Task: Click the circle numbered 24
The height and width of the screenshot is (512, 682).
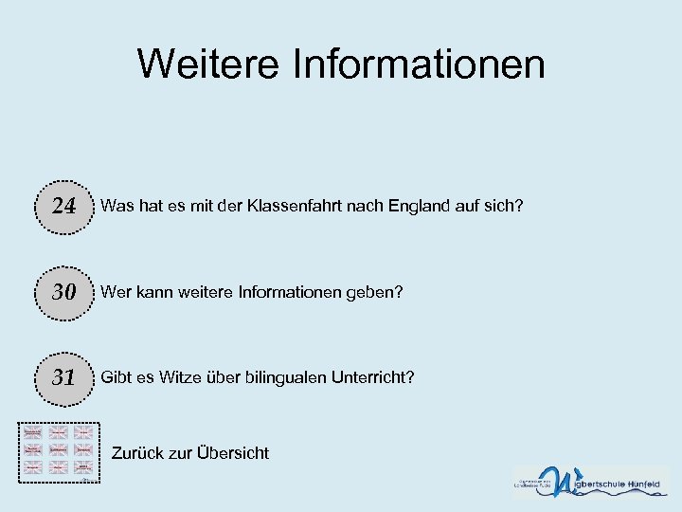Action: [x=63, y=206]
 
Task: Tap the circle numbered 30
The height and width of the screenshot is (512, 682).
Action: [x=63, y=292]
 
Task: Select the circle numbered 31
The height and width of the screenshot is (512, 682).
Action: [x=63, y=377]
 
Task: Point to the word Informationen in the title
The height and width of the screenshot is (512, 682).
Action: [x=421, y=64]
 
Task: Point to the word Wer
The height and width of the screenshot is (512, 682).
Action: [x=116, y=292]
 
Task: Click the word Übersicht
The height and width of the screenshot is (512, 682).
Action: [x=233, y=453]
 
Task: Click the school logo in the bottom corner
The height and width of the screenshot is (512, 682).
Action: [x=590, y=482]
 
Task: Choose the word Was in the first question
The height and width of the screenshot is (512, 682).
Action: [x=117, y=206]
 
